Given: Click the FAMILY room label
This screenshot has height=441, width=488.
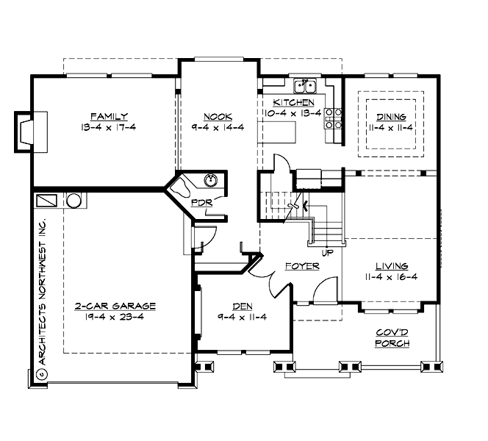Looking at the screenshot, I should [x=109, y=116].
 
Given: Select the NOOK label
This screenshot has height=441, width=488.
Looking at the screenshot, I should [x=218, y=116].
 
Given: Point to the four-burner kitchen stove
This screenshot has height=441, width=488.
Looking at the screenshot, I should [x=333, y=118].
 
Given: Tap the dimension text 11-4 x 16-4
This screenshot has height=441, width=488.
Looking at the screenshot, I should [x=390, y=277].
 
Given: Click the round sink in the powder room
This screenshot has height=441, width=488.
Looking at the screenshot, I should [x=213, y=179].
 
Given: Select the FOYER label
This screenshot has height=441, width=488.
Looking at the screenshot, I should [x=301, y=265].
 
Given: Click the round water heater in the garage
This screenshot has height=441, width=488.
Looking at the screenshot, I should [x=75, y=200].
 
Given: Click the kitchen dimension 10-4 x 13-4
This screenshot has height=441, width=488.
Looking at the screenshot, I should [x=293, y=113].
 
